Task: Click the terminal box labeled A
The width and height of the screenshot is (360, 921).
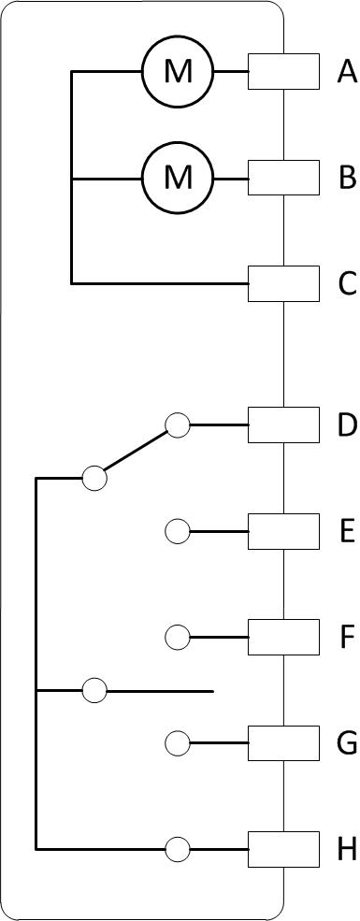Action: tap(283, 72)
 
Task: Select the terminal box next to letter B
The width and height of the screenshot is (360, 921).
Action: tap(283, 178)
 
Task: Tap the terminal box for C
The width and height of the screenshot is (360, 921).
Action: tap(283, 283)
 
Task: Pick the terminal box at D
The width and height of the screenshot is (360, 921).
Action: tap(283, 425)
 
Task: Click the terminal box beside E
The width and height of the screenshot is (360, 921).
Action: tap(283, 532)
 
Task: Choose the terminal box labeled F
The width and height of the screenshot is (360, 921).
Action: tap(283, 638)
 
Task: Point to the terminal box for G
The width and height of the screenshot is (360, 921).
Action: tap(283, 743)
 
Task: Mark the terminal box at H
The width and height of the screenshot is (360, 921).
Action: tap(283, 849)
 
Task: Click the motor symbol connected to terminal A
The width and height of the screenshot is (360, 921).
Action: tap(178, 72)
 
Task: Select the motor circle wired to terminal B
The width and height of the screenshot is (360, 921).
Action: tap(178, 178)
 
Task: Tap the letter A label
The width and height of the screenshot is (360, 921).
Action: tap(347, 72)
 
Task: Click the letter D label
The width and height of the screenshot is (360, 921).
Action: tap(347, 425)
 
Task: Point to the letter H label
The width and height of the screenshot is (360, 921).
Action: tap(347, 849)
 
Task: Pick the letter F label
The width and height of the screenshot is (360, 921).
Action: tap(347, 638)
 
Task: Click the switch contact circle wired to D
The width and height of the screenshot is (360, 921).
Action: tap(178, 425)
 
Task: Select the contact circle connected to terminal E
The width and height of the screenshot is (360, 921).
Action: tap(178, 532)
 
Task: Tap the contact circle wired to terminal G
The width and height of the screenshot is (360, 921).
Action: tap(178, 743)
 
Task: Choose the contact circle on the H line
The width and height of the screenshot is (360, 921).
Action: tap(178, 849)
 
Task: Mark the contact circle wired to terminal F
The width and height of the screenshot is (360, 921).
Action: tap(178, 638)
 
